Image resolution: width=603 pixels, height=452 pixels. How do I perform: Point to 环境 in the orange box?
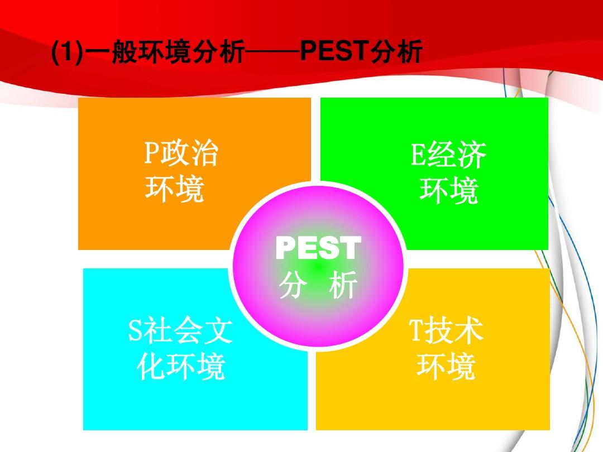point(174,190)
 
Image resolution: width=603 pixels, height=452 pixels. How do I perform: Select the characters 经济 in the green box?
point(455,155)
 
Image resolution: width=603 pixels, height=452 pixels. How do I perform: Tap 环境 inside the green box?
point(449,191)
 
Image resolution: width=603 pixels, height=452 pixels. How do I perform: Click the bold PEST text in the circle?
point(318,249)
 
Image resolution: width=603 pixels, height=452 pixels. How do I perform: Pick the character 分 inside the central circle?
point(293,286)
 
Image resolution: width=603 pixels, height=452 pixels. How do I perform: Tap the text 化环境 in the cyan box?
point(181,367)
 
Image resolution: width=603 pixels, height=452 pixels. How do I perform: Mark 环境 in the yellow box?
point(446,367)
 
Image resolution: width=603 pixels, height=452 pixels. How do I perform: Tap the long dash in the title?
point(272,54)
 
